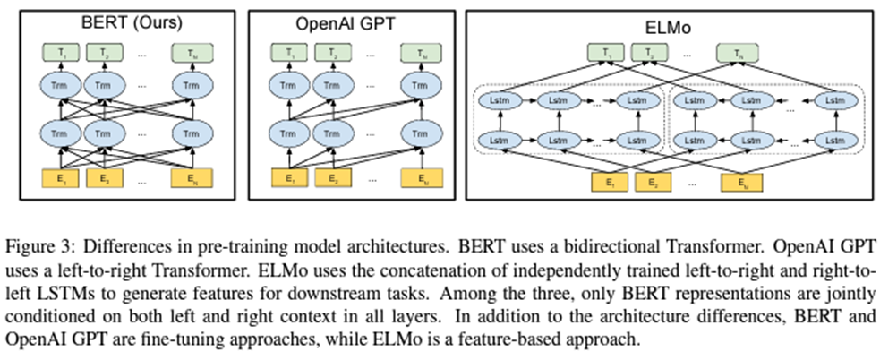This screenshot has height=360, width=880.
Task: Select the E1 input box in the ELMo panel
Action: [x=609, y=184]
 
